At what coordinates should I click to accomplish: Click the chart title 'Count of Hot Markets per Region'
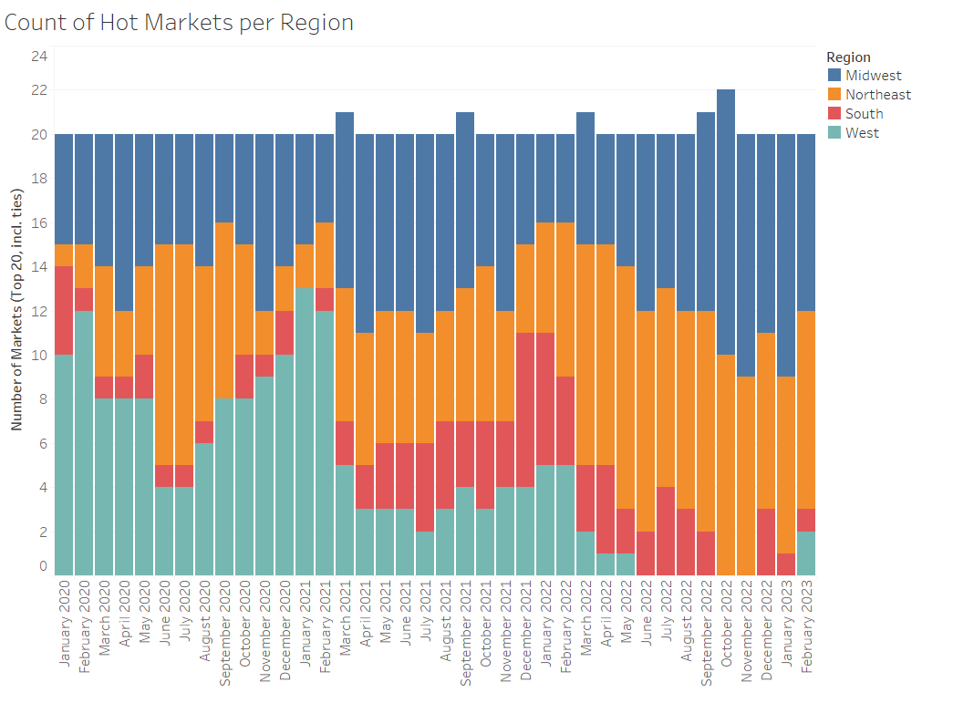point(179,23)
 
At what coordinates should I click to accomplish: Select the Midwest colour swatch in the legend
point(834,76)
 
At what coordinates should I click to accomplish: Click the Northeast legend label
point(877,95)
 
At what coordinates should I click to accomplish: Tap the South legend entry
point(864,114)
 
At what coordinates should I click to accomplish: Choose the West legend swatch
point(834,133)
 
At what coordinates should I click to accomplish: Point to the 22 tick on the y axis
point(39,90)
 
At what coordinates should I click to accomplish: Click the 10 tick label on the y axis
point(39,356)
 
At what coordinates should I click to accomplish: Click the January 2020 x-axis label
point(64,630)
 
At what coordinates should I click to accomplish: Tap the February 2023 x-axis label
point(806,630)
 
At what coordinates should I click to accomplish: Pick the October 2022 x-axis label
point(726,630)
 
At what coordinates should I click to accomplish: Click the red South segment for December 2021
point(525,409)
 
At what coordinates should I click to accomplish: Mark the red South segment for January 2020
point(64,311)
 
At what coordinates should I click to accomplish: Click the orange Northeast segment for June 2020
point(164,355)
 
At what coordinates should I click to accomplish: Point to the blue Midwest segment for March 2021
point(345,200)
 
